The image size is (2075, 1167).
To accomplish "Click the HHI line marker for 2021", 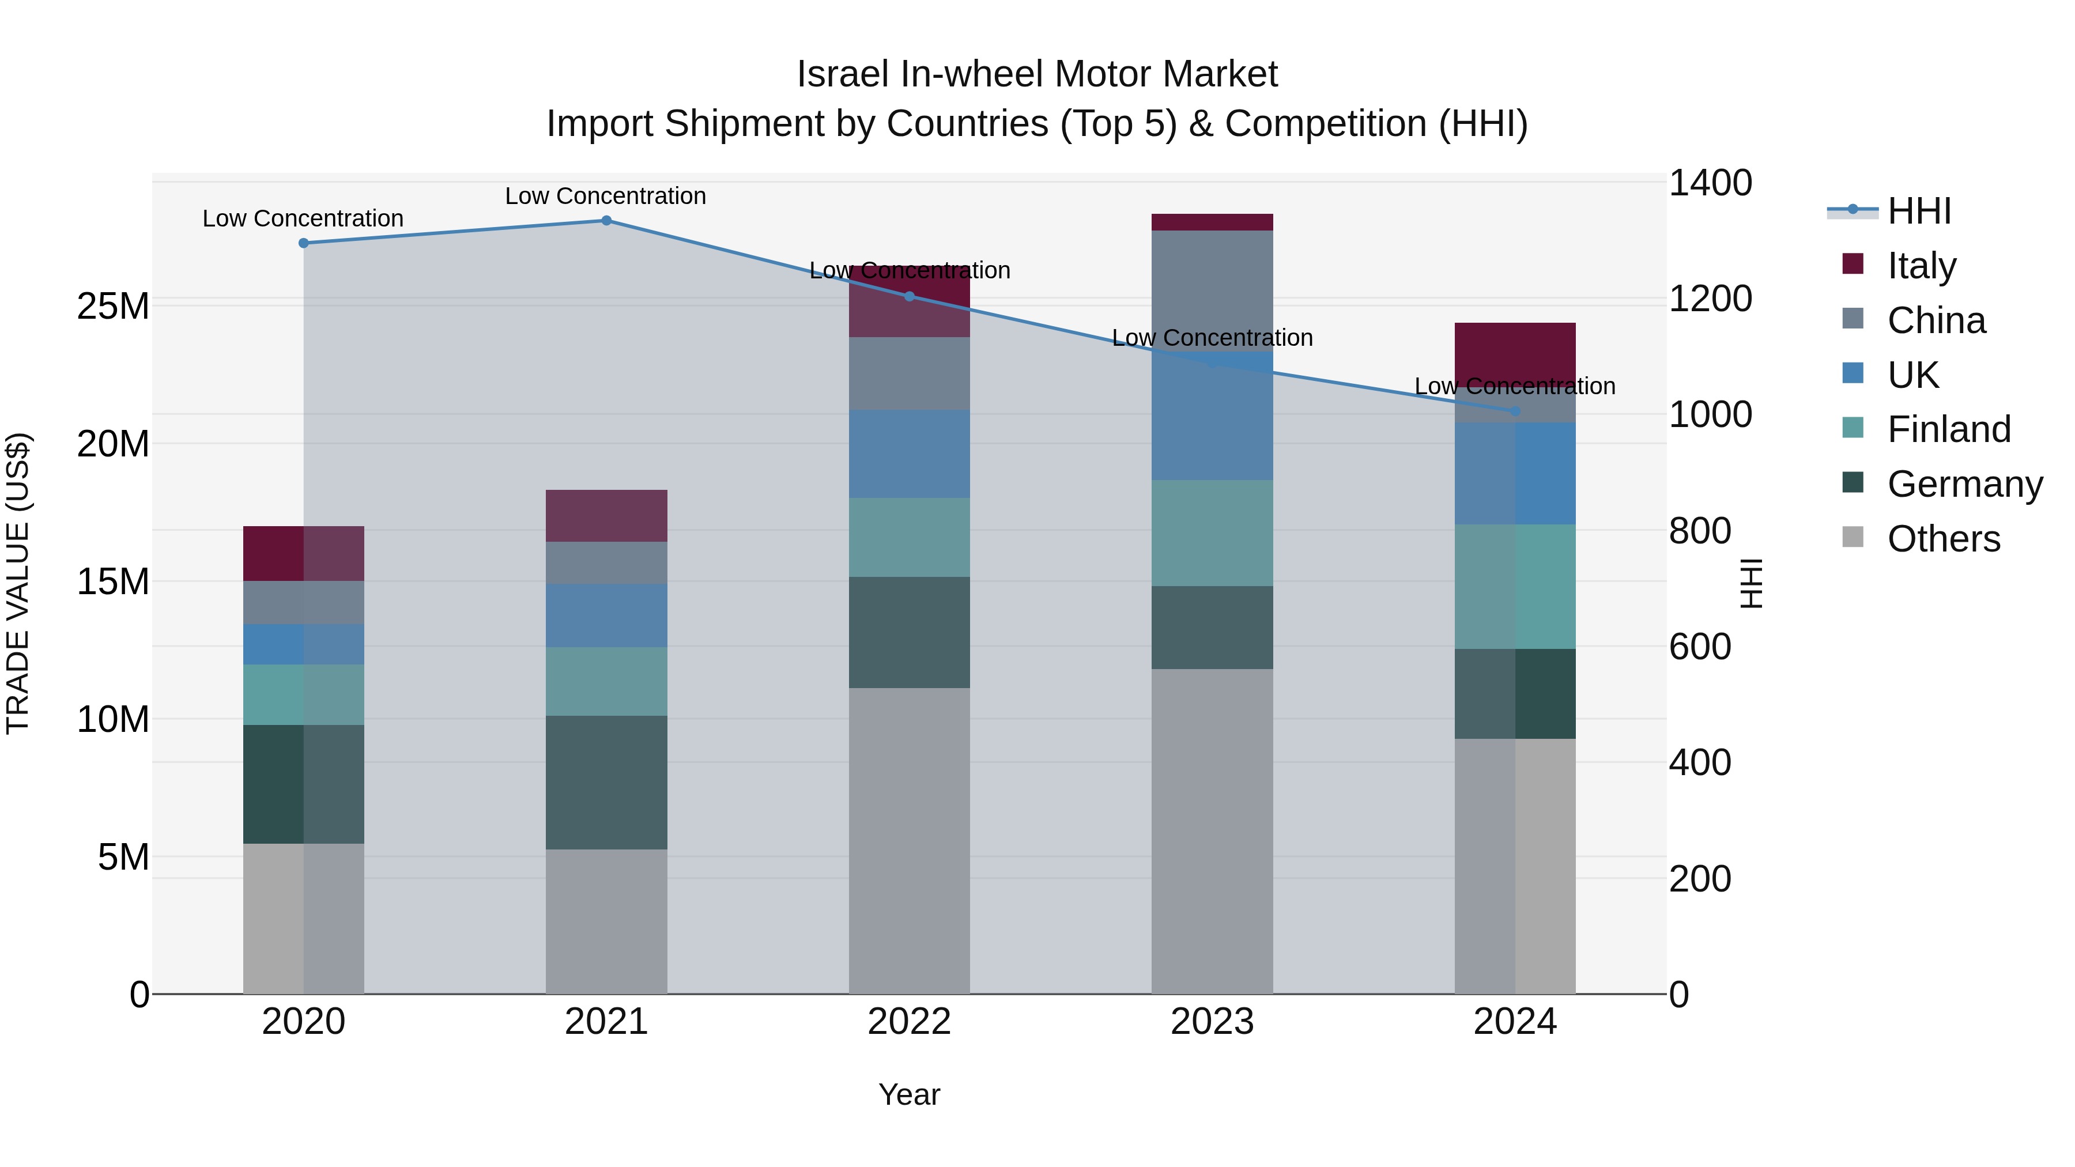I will [606, 221].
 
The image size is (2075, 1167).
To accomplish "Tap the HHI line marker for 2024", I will [1515, 411].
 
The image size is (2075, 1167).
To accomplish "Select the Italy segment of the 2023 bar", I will [1212, 222].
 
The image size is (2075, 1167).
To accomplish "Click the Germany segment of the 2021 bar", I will [606, 782].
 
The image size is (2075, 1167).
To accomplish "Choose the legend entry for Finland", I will [1949, 429].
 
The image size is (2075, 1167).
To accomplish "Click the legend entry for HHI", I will [1919, 211].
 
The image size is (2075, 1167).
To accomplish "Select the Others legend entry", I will [1943, 539].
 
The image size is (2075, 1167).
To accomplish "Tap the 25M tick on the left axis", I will [113, 306].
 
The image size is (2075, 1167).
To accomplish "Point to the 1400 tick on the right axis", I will [1710, 183].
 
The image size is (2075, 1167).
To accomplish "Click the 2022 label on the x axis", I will [910, 1022].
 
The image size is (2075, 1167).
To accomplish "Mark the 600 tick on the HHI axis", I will [1700, 647].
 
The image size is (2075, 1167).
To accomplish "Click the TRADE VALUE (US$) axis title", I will [18, 583].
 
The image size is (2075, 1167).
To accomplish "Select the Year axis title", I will [910, 1094].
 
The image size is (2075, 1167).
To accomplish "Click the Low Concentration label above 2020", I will [303, 218].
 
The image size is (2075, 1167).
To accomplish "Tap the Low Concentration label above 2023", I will [1212, 338].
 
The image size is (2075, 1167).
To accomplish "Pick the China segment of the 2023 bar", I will [1212, 290].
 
